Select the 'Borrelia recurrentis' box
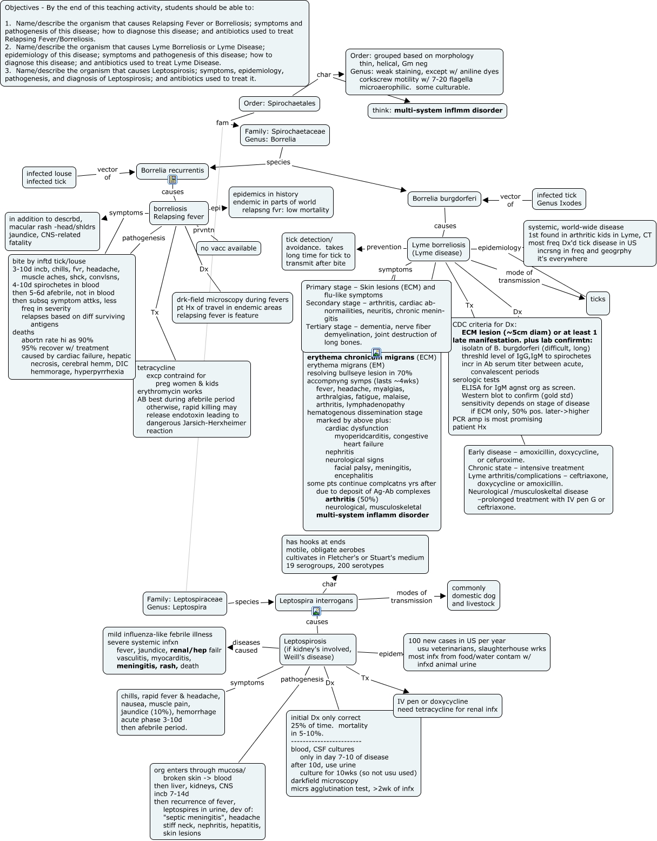(172, 170)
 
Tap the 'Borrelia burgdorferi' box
(444, 198)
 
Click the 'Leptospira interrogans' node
(316, 601)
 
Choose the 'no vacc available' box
(228, 248)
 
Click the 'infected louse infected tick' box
(49, 177)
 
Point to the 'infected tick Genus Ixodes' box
(559, 199)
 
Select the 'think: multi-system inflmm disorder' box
(437, 110)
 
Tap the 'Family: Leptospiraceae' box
(184, 603)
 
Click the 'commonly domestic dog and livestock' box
(473, 595)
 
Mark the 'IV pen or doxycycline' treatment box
(447, 705)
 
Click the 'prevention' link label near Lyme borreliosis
(384, 247)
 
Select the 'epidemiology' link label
(499, 248)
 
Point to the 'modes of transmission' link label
(412, 597)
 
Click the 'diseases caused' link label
(246, 646)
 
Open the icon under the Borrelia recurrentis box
(172, 180)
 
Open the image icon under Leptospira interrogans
(316, 611)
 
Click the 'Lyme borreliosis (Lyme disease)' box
(438, 249)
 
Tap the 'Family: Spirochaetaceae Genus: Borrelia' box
(285, 135)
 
